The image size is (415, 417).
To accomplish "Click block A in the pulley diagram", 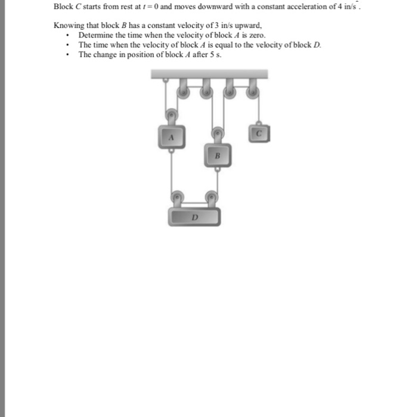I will point(171,137).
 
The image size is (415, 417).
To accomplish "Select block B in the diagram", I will point(217,155).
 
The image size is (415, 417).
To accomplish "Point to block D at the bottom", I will point(194,216).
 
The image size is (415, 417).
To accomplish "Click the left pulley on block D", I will point(177,197).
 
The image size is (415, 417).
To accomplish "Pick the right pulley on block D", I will point(212,197).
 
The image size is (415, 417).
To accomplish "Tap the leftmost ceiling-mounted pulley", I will point(182,91).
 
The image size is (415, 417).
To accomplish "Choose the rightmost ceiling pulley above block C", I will point(252,91).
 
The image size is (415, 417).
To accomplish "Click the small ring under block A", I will point(171,151).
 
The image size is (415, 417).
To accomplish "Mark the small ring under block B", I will point(218,169).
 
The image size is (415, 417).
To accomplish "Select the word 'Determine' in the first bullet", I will point(97,35).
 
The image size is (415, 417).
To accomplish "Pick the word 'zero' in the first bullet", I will point(255,35).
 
